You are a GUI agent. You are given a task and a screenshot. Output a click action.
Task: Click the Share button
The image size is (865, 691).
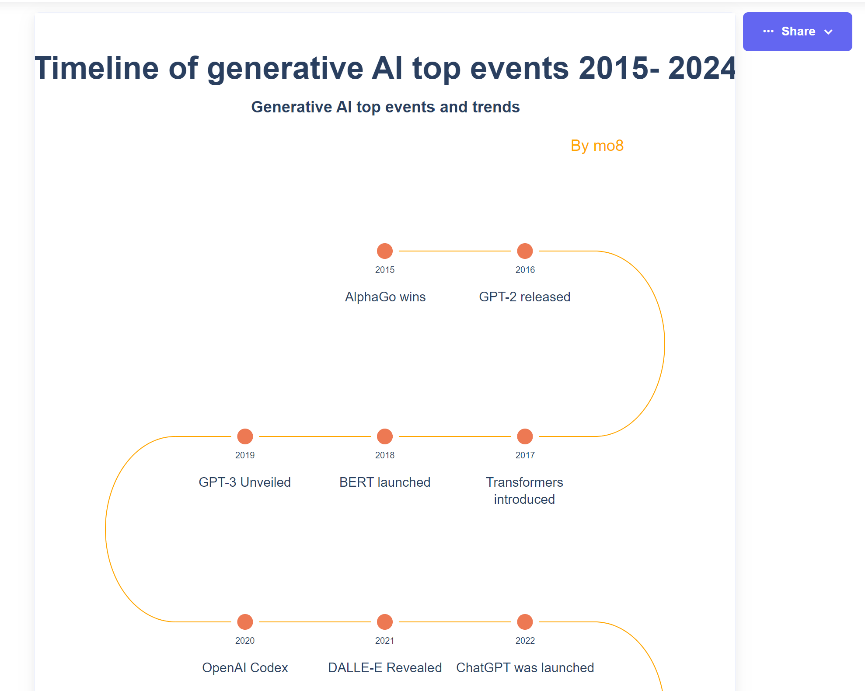(x=797, y=31)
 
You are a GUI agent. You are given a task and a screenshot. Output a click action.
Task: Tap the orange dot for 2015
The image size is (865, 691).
(x=385, y=251)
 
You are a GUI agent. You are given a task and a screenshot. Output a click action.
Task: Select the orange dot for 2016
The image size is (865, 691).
(x=525, y=251)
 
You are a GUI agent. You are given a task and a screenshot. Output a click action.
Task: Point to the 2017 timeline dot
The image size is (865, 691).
(x=525, y=436)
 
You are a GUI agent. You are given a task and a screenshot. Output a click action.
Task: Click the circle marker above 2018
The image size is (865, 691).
(x=385, y=436)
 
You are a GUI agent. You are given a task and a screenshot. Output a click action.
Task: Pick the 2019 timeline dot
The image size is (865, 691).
(x=245, y=436)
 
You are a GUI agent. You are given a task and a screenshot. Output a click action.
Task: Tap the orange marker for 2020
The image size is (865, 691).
(x=245, y=622)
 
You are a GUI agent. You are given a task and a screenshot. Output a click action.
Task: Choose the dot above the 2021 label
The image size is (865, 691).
(x=385, y=622)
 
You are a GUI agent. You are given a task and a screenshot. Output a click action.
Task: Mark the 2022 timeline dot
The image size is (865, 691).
(x=525, y=622)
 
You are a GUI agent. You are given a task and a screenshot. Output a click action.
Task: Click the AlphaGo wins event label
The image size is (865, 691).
(x=385, y=297)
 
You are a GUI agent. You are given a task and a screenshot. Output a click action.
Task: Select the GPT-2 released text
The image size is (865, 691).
(x=525, y=297)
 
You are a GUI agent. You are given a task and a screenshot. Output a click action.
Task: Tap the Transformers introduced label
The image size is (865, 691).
(x=524, y=491)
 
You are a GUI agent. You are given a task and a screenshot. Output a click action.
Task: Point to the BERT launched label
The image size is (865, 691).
(x=385, y=482)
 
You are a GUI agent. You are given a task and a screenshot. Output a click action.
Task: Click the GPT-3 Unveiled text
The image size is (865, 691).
(x=245, y=482)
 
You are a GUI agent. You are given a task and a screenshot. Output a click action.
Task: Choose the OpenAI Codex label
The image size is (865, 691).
(x=245, y=668)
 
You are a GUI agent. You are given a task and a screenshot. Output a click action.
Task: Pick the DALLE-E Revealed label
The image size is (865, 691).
(x=385, y=668)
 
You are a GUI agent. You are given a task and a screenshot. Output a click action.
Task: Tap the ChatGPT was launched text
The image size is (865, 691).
(x=525, y=668)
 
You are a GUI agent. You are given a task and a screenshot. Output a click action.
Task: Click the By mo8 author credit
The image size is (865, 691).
(x=597, y=146)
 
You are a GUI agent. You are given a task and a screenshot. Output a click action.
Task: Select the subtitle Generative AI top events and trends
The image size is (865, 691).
(x=385, y=107)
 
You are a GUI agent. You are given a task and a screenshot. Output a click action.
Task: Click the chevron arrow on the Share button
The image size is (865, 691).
(x=828, y=32)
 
